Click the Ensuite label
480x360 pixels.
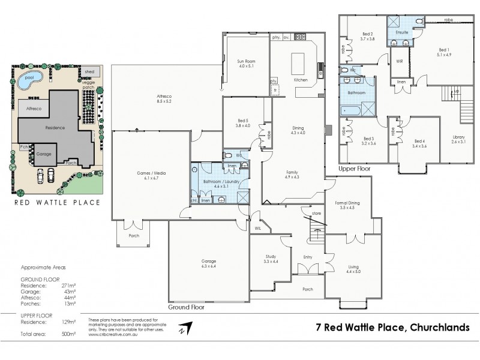401,32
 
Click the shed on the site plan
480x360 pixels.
89,71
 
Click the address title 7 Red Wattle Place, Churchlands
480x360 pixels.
397,328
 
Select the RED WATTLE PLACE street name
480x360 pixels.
57,202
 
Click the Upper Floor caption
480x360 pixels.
355,169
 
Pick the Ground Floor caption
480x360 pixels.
187,307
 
